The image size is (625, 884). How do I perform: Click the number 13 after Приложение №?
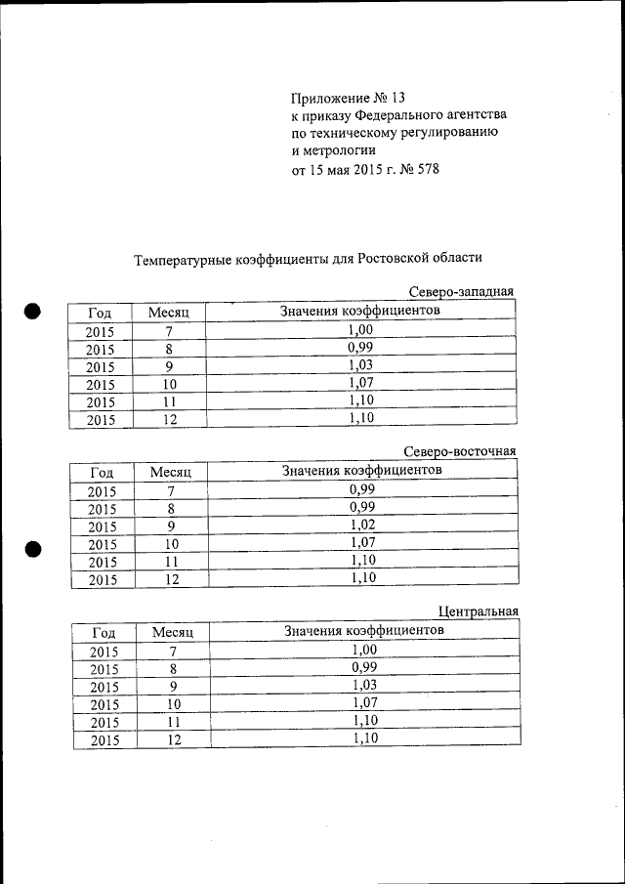395,99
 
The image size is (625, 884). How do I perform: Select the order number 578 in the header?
427,169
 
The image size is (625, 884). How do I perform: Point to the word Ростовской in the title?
394,258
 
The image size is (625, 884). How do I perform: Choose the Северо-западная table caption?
461,292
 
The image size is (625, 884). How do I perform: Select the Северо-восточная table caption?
460,451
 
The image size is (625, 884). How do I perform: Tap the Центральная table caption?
478,611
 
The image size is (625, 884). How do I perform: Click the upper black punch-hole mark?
33,312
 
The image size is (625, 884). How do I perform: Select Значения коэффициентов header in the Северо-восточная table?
361,471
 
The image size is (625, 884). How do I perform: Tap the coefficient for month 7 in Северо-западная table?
360,331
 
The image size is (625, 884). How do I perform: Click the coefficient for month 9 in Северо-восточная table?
362,525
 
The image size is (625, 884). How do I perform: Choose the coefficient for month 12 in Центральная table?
364,738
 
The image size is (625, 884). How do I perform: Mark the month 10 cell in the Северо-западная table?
169,384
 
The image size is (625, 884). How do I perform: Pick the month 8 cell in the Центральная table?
173,669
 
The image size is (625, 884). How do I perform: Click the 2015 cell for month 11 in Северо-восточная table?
102,562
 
